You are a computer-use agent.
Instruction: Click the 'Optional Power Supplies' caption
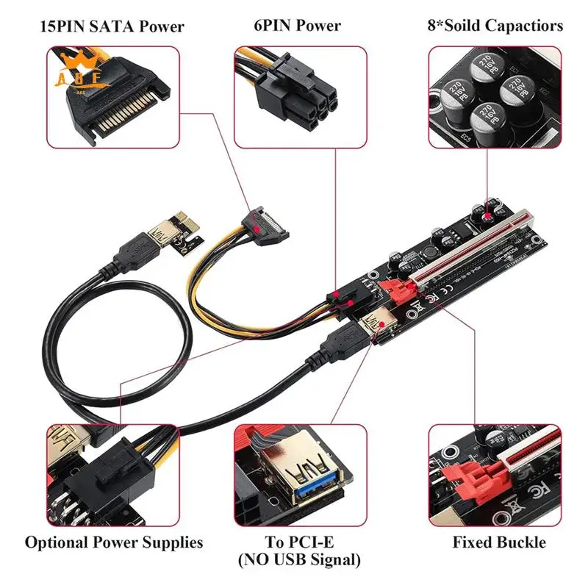point(113,543)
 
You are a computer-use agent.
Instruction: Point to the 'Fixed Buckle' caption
point(499,543)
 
